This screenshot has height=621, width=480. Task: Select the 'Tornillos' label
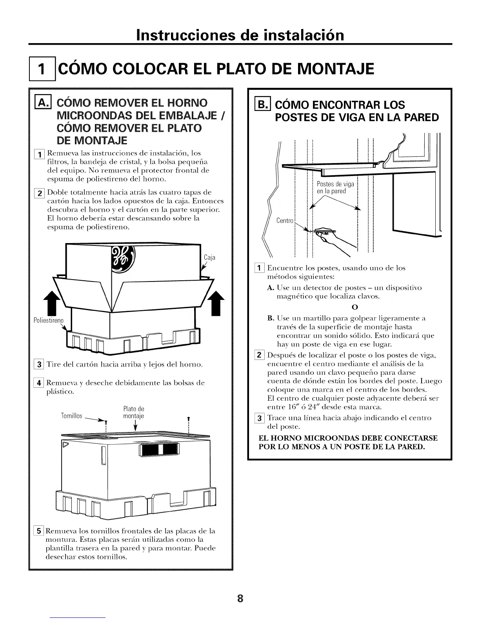pyautogui.click(x=71, y=416)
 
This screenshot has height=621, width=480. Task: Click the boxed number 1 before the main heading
pyautogui.click(x=43, y=71)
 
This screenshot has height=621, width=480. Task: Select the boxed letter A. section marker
pyautogui.click(x=40, y=103)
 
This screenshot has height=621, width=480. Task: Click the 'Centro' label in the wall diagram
pyautogui.click(x=285, y=221)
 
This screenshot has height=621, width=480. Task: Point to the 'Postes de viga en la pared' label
pyautogui.click(x=335, y=188)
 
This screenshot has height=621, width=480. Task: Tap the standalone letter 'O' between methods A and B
pyautogui.click(x=353, y=306)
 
